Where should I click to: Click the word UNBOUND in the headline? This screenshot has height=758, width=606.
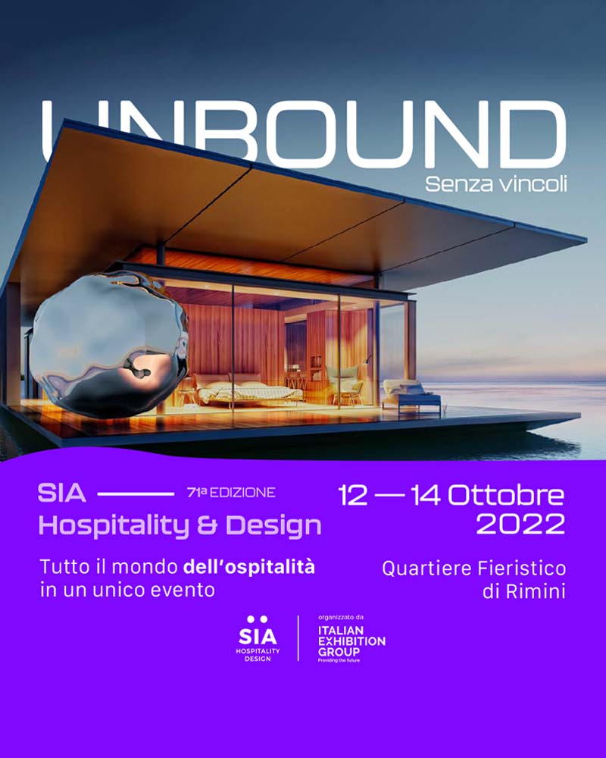point(303,135)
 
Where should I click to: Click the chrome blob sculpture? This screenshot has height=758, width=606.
point(108,343)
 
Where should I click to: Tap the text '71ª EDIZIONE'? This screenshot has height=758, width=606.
point(231,493)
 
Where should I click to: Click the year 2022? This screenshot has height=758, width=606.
point(520,524)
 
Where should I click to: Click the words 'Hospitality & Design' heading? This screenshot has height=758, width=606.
point(180,525)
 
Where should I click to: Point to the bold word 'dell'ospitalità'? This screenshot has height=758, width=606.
point(249,566)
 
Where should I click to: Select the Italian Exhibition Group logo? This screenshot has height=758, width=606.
point(351,644)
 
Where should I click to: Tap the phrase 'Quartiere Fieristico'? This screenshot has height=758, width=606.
point(474,568)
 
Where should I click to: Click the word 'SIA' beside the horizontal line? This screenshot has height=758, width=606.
point(61,494)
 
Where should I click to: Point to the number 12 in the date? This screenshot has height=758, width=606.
point(354,495)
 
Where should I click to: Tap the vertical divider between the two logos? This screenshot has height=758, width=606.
point(298,638)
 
